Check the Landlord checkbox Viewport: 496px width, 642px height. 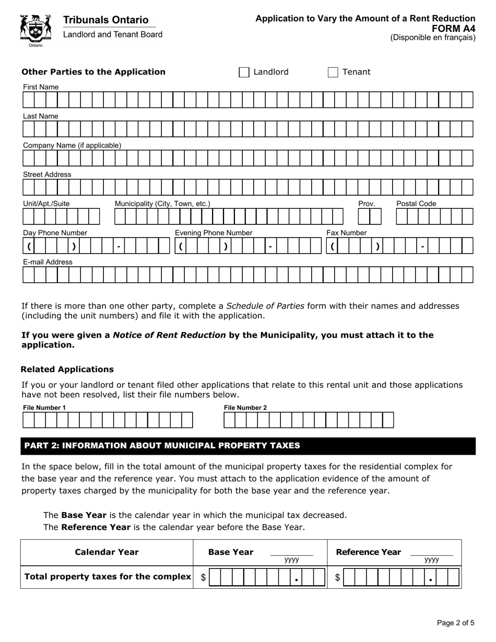[244, 73]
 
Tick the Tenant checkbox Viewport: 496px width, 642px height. [333, 73]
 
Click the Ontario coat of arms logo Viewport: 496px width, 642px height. [36, 30]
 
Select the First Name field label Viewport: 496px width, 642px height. [41, 87]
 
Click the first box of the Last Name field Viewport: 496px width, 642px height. [28, 128]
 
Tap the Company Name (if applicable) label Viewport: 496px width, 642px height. [72, 146]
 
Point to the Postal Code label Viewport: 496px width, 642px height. [416, 204]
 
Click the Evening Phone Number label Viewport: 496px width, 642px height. [214, 233]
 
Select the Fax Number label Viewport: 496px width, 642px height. [347, 233]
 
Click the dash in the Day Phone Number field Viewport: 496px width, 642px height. [120, 246]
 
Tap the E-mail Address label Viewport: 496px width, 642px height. [48, 262]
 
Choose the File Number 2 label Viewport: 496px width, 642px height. [245, 408]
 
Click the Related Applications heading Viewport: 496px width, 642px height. [67, 370]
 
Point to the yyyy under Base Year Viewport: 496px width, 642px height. [291, 560]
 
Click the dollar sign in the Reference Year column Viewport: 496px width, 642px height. [338, 577]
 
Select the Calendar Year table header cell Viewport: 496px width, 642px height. [107, 552]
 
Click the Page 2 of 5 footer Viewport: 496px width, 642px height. [455, 623]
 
